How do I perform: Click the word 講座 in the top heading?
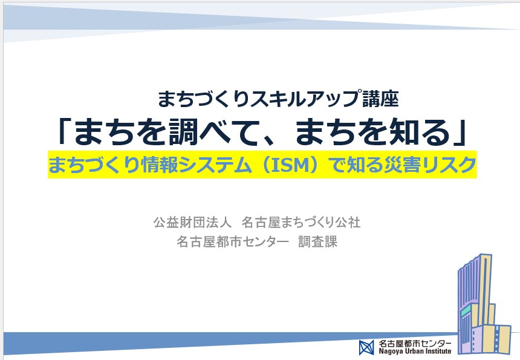click(380, 99)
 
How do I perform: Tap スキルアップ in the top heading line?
click(306, 99)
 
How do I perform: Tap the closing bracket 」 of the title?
click(460, 133)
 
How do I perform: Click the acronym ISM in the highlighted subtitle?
click(290, 165)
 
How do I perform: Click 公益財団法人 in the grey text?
click(192, 222)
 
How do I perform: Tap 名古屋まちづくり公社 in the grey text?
click(301, 222)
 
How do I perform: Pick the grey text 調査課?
click(317, 241)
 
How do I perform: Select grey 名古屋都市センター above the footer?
click(233, 241)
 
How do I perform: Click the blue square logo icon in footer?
click(366, 347)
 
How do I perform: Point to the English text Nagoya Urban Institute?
click(415, 351)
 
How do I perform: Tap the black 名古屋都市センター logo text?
click(415, 343)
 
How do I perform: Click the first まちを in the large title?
click(120, 132)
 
